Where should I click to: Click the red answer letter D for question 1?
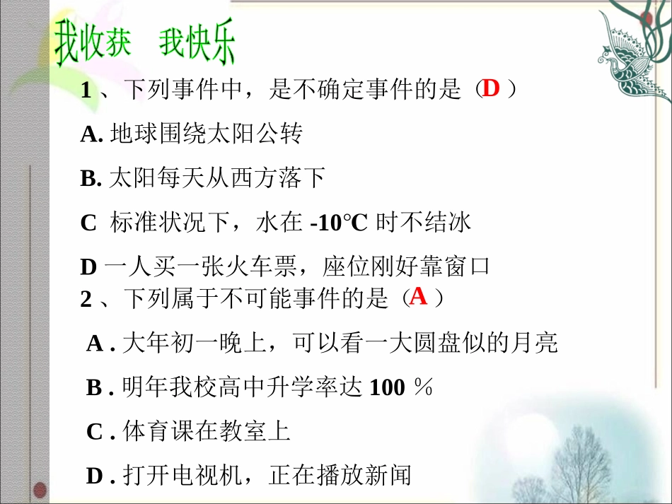coord(491,88)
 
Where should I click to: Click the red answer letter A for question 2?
coord(419,296)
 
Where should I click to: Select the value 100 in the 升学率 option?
coord(388,387)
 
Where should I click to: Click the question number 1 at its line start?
coord(86,91)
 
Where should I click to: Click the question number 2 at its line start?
coord(86,300)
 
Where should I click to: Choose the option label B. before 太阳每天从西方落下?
coord(92,179)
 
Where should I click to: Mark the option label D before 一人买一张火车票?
coord(88,267)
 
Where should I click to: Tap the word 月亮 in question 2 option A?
coord(540,344)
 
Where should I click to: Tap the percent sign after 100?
coord(423,387)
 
